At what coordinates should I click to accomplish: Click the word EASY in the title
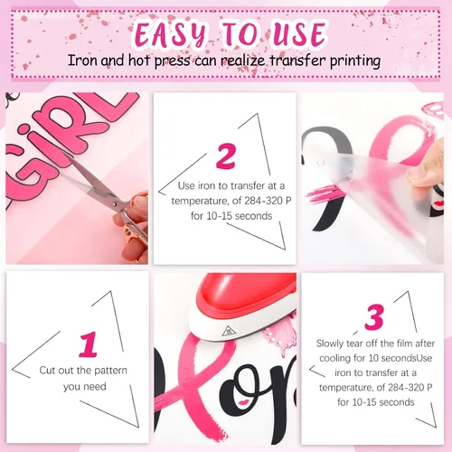[171, 33]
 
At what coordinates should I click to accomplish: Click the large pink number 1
[89, 344]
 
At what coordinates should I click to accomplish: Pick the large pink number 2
[225, 155]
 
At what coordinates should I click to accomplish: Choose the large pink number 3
[374, 317]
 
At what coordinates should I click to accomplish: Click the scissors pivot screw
[114, 204]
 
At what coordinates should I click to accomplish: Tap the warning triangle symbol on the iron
[228, 332]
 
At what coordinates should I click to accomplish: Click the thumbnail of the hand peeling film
[372, 178]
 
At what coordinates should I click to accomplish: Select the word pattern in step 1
[109, 371]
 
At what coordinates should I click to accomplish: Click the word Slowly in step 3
[330, 344]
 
